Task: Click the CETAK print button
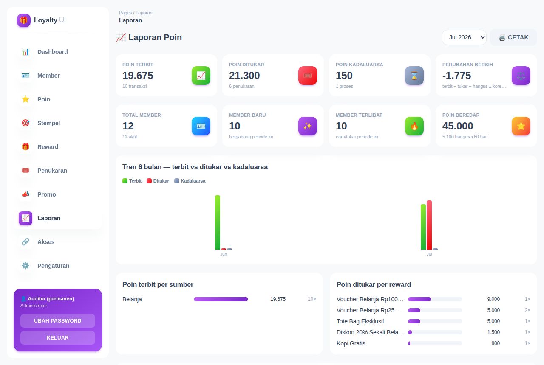(x=513, y=37)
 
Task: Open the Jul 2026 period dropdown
(x=464, y=37)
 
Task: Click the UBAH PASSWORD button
(x=58, y=320)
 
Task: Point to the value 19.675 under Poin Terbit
(x=138, y=76)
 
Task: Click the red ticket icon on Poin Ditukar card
(x=307, y=76)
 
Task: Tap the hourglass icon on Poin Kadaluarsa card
(x=414, y=76)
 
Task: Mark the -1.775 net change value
(x=456, y=76)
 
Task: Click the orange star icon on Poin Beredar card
(x=521, y=126)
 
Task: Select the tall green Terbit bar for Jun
(x=218, y=222)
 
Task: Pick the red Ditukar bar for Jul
(x=429, y=225)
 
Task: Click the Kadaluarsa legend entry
(x=190, y=181)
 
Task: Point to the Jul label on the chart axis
(x=429, y=254)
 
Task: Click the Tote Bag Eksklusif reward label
(x=360, y=321)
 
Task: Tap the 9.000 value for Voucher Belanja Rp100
(x=493, y=299)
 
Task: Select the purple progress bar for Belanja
(x=221, y=299)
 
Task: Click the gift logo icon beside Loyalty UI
(x=24, y=20)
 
